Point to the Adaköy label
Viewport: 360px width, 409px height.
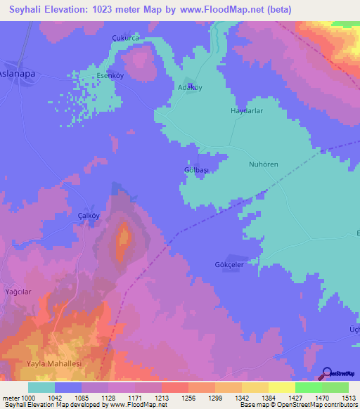(x=188, y=88)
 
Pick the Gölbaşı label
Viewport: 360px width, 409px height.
(x=196, y=171)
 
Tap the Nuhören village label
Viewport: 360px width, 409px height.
(x=265, y=165)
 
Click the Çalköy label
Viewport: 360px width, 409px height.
(x=90, y=216)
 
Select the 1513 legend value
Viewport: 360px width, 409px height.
(x=349, y=398)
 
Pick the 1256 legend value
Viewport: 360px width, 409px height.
(x=188, y=398)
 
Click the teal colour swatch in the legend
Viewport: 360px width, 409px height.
(x=41, y=387)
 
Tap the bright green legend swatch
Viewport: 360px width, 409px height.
(x=308, y=387)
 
